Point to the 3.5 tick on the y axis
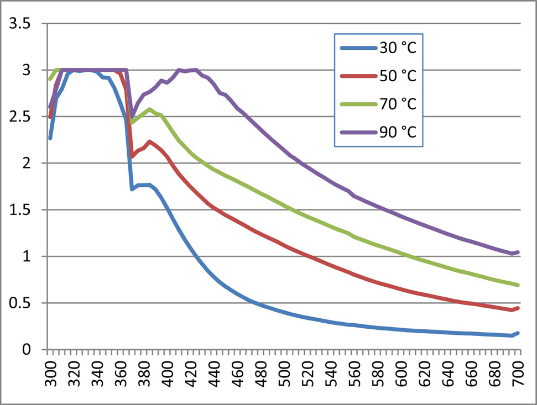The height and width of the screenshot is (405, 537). pos(18,24)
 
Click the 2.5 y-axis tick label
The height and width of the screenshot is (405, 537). pos(18,117)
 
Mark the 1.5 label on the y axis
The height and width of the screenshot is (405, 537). pos(18,210)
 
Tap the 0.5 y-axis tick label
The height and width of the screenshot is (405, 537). pos(18,303)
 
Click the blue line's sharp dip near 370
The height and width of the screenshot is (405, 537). pos(132,190)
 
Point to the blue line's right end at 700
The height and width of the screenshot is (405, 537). pos(518,333)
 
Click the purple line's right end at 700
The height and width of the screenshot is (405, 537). pos(518,252)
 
